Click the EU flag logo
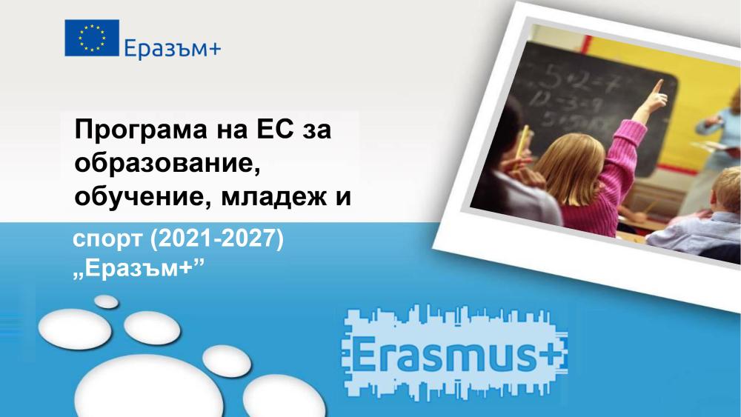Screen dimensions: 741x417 pos(92,38)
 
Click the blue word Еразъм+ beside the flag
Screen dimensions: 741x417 pos(173,48)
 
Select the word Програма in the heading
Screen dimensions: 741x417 pos(141,130)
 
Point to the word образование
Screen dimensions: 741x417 pos(167,164)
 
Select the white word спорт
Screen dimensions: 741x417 pos(107,240)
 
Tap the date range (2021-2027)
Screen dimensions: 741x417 pos(216,239)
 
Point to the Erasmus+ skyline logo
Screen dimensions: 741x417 pos(453,353)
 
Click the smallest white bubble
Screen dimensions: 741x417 pos(106,301)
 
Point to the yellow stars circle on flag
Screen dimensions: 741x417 pos(92,38)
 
